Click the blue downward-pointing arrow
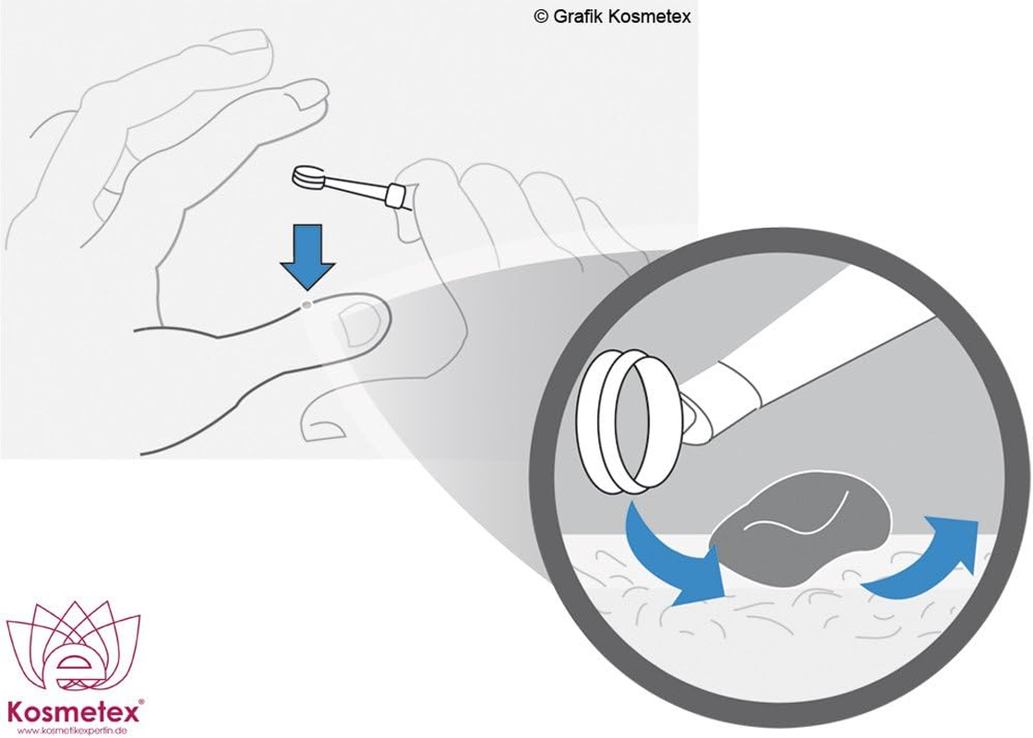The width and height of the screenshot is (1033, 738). (x=307, y=256)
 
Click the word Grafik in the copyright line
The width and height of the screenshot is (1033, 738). (x=577, y=17)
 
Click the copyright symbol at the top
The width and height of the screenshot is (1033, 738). (x=541, y=17)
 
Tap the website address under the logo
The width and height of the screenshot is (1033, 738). (x=72, y=731)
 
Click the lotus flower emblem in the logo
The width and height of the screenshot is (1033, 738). (x=73, y=649)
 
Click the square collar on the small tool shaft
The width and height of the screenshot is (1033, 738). (x=395, y=196)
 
